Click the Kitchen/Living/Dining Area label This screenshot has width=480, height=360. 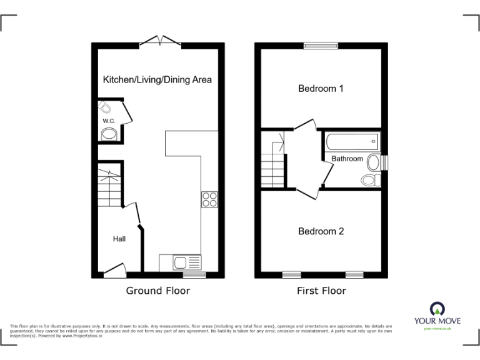coord(157,79)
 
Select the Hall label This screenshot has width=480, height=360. coord(119,239)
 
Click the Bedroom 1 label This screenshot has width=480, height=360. coord(321,89)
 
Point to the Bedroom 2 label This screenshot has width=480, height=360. coord(321,231)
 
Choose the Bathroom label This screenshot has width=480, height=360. coord(347,159)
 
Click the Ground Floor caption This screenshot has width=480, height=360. coord(158,291)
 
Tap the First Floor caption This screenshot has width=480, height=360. coord(321,291)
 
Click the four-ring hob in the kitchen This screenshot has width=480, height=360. coord(209,199)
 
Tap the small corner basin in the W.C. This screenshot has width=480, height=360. coord(104,108)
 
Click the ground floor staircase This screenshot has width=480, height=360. coord(110,186)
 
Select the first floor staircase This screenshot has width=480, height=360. coord(272,159)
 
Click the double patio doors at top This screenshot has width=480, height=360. coord(160,41)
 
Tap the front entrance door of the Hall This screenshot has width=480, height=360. coord(114,271)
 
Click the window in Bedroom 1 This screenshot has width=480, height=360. coord(321,45)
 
